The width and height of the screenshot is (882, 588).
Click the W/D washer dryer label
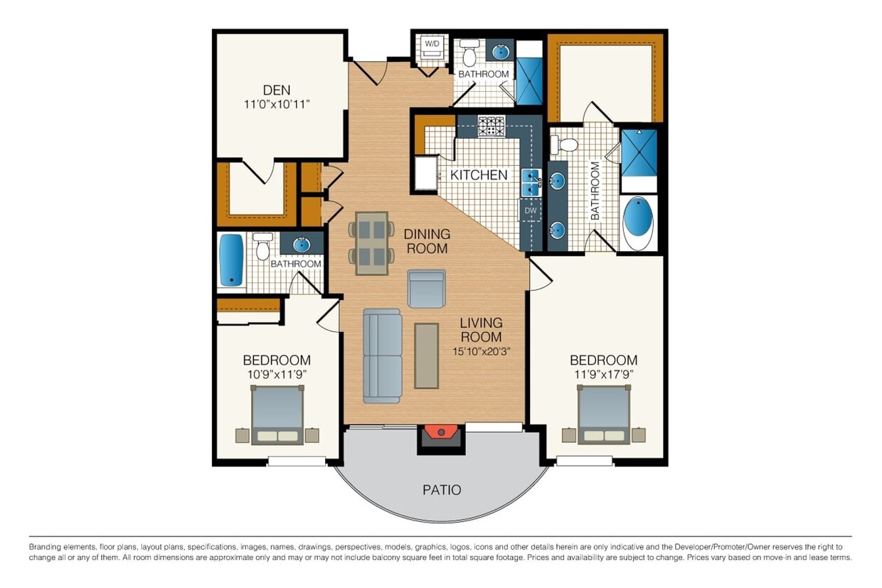[432, 44]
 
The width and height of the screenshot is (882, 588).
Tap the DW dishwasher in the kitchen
[531, 210]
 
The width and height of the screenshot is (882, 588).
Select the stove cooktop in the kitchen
[491, 127]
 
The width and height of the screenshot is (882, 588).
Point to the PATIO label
[442, 490]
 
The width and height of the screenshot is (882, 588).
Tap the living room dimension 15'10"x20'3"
[481, 351]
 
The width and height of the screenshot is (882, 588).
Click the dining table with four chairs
[371, 243]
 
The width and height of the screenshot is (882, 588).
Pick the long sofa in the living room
[382, 356]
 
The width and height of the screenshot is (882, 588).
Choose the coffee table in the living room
[427, 356]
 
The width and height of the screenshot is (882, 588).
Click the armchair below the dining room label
[427, 289]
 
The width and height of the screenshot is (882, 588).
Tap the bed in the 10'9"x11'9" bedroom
[277, 415]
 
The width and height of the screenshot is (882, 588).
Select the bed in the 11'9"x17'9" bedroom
[603, 415]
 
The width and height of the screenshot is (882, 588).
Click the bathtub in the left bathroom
[231, 260]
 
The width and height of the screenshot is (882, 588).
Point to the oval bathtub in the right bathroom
[639, 223]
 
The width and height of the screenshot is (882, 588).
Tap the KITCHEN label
[479, 175]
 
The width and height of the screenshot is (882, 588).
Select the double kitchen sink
[531, 183]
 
